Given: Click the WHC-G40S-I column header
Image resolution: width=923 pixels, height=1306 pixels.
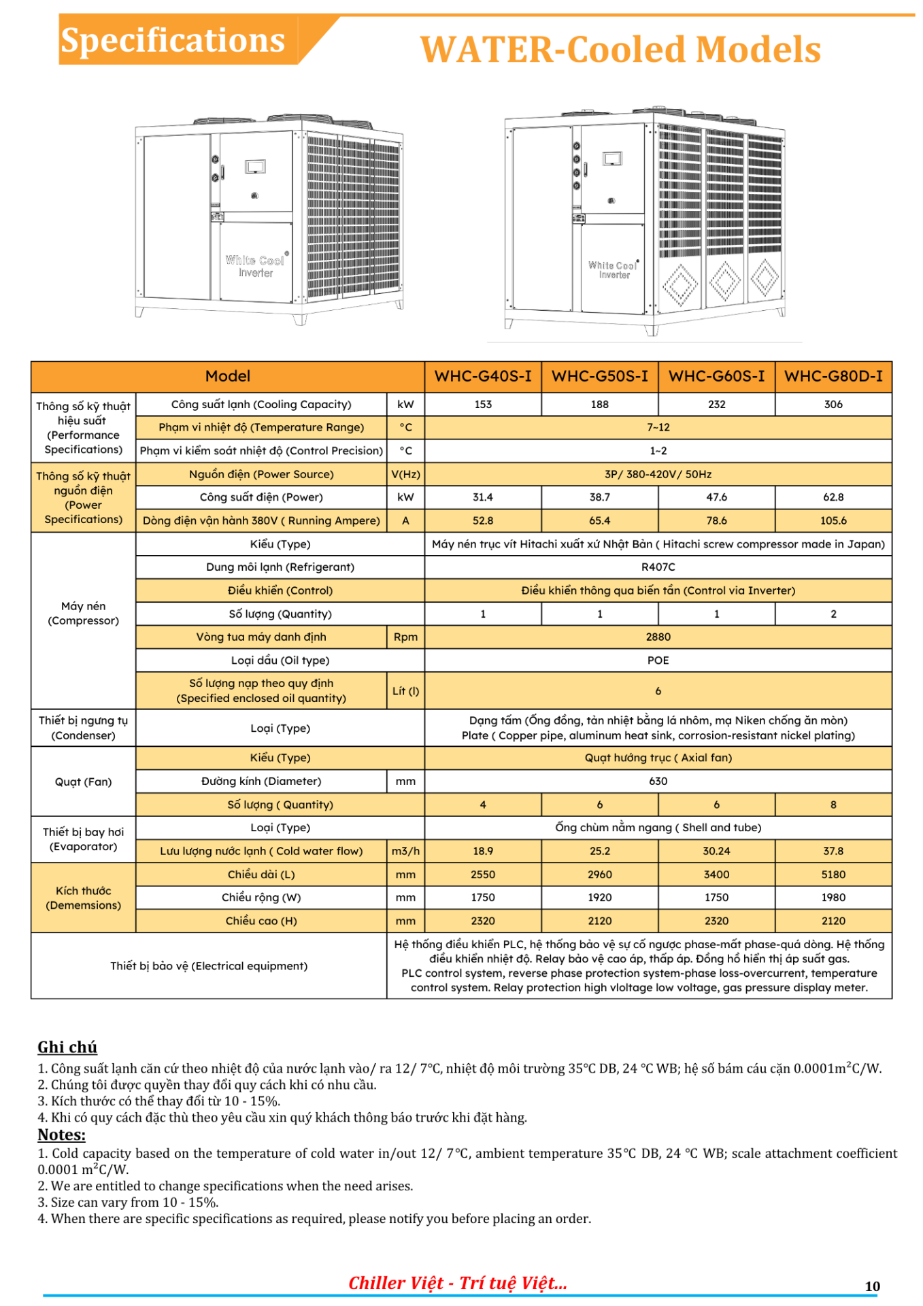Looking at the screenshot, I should point(483,376).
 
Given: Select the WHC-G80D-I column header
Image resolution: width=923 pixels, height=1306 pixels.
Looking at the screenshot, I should point(833,376).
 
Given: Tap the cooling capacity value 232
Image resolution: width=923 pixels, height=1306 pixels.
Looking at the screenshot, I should point(716,404).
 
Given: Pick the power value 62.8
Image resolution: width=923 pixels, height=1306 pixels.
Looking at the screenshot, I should point(833,497).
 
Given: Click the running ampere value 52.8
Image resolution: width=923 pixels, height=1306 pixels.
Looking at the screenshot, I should point(483,520).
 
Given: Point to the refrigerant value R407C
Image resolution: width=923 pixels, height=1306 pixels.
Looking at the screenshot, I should point(658,567).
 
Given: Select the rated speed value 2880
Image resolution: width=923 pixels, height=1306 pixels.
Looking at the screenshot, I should point(658,637).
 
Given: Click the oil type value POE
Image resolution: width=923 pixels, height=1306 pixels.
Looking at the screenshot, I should point(658,660).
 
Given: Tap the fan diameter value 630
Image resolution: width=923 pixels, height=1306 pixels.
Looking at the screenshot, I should point(658,781).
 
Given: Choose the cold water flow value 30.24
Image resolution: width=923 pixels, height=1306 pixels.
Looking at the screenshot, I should point(716,851).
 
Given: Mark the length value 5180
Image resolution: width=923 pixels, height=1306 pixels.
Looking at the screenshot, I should point(833,874).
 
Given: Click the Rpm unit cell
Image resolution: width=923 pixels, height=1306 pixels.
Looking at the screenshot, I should point(405,637).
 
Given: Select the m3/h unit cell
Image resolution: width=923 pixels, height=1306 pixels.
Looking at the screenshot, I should point(405,851).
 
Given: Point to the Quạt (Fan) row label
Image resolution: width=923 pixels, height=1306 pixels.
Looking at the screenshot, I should point(83,782).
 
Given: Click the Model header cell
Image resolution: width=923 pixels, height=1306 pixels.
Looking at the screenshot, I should point(228,376).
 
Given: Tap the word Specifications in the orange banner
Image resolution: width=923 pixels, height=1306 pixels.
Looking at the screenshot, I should point(173,40).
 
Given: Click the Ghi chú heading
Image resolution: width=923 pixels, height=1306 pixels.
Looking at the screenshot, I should point(67,1047).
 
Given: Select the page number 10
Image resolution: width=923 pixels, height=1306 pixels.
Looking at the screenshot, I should point(872,1286).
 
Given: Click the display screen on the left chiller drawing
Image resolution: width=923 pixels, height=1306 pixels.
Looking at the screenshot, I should point(255,167).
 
